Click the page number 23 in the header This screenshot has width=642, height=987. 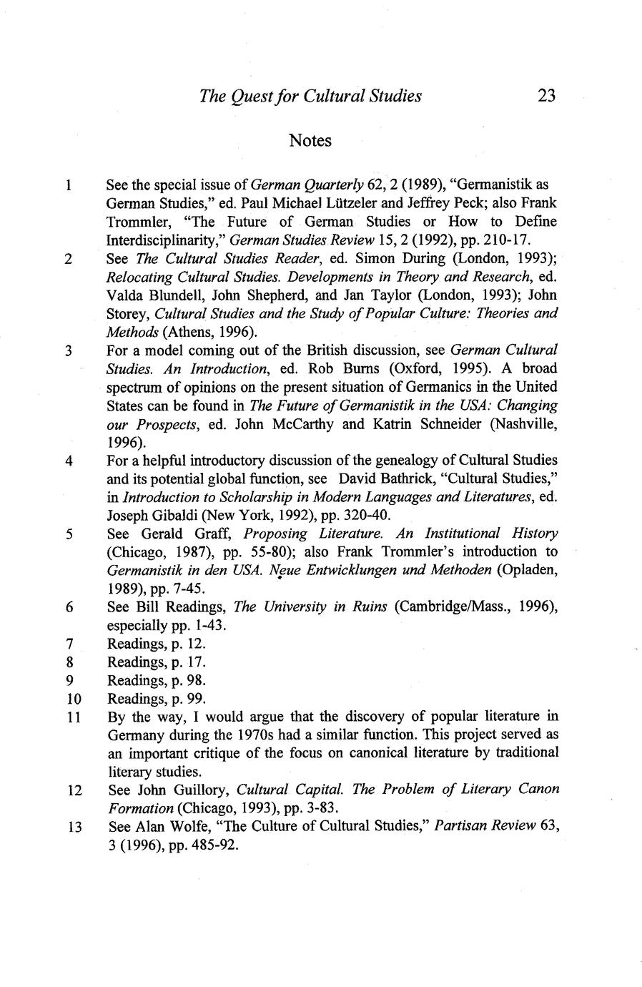545,95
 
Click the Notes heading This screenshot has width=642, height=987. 310,140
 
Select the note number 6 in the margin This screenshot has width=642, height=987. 69,607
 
